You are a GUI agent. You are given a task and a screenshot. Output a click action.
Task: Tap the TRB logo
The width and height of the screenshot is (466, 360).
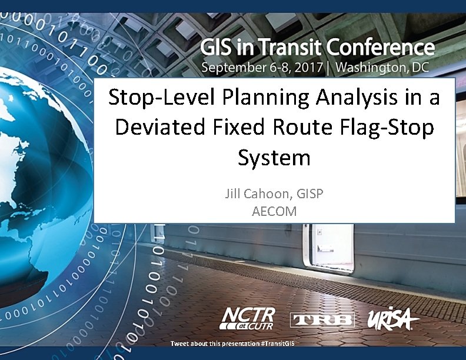tap(322, 319)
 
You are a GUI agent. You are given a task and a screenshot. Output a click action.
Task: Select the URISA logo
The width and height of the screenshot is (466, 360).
tap(393, 319)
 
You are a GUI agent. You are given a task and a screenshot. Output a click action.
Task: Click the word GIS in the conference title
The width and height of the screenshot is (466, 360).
tap(220, 46)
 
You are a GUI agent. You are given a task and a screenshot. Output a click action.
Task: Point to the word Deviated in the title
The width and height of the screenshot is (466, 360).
tap(157, 128)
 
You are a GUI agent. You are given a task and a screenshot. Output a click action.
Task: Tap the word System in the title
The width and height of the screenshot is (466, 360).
tap(274, 158)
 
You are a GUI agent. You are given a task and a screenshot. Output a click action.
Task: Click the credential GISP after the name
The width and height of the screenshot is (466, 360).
tap(308, 194)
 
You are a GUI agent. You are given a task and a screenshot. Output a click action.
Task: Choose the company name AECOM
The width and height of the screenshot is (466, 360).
tap(274, 211)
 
